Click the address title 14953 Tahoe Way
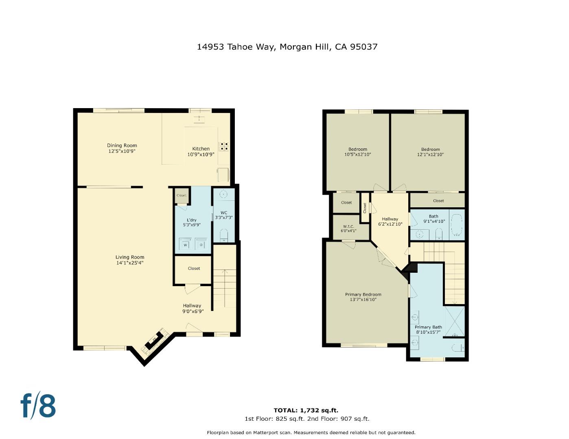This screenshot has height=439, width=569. [287, 47]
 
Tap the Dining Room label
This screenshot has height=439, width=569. [122, 146]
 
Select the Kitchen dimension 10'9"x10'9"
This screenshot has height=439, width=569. [201, 154]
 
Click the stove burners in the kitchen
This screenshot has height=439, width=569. [224, 146]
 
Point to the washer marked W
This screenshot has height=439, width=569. [186, 245]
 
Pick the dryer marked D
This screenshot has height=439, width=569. [201, 245]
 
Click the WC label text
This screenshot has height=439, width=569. [224, 213]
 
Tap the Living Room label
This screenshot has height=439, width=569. [129, 257]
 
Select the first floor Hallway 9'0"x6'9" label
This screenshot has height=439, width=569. [193, 309]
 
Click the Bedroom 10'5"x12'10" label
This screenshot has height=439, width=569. [357, 152]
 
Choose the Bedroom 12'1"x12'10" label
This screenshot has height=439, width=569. [430, 152]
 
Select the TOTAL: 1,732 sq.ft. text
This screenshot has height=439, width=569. [306, 410]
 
